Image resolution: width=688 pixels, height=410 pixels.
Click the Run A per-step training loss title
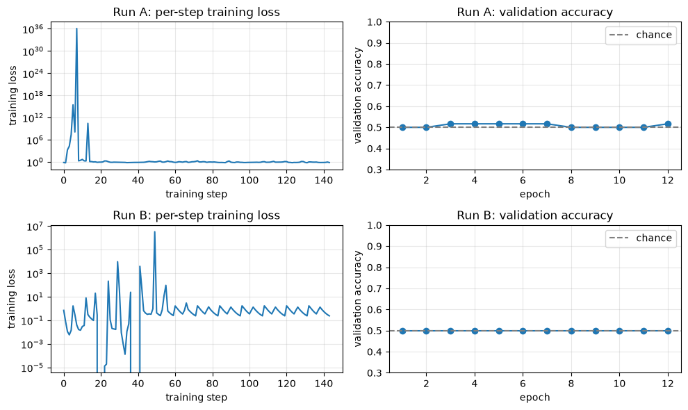click(x=196, y=12)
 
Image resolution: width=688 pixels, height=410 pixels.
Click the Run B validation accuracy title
click(x=534, y=215)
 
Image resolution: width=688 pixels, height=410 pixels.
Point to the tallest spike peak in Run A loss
click(x=76, y=29)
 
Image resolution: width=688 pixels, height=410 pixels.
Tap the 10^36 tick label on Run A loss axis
click(x=37, y=29)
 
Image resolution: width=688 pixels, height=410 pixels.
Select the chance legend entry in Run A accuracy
click(x=641, y=35)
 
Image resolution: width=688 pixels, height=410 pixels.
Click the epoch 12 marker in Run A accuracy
click(x=668, y=124)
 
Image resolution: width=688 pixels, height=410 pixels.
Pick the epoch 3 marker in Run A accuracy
click(x=450, y=124)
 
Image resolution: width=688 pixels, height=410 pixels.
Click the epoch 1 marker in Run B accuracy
click(x=402, y=331)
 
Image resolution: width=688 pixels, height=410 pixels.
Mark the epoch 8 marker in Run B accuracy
click(x=571, y=331)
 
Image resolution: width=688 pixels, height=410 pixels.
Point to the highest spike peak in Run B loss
click(x=154, y=232)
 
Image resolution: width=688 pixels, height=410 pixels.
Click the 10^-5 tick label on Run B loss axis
click(x=37, y=368)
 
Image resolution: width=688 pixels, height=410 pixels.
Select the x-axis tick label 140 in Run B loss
click(x=324, y=384)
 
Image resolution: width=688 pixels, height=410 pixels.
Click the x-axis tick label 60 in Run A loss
click(x=175, y=181)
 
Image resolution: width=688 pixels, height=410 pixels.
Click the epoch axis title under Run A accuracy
click(x=534, y=194)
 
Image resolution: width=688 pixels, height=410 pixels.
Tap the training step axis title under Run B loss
click(x=196, y=397)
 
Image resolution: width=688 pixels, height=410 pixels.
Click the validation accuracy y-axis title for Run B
click(x=358, y=299)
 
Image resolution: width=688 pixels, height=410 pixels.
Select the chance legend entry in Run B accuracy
click(x=641, y=238)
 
